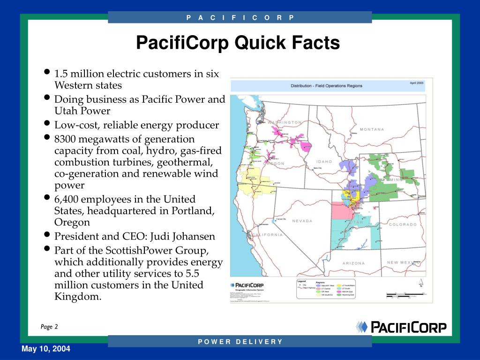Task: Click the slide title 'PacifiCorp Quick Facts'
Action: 238,43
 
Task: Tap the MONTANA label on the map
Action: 372,129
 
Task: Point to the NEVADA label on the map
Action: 302,221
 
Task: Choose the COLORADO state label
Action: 402,225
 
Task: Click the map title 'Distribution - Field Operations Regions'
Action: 326,86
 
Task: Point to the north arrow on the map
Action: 421,283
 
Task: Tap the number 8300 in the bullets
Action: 65,139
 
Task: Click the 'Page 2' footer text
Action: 49,327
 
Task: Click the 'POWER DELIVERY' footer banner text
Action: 240,341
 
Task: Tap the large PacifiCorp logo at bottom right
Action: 401,327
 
